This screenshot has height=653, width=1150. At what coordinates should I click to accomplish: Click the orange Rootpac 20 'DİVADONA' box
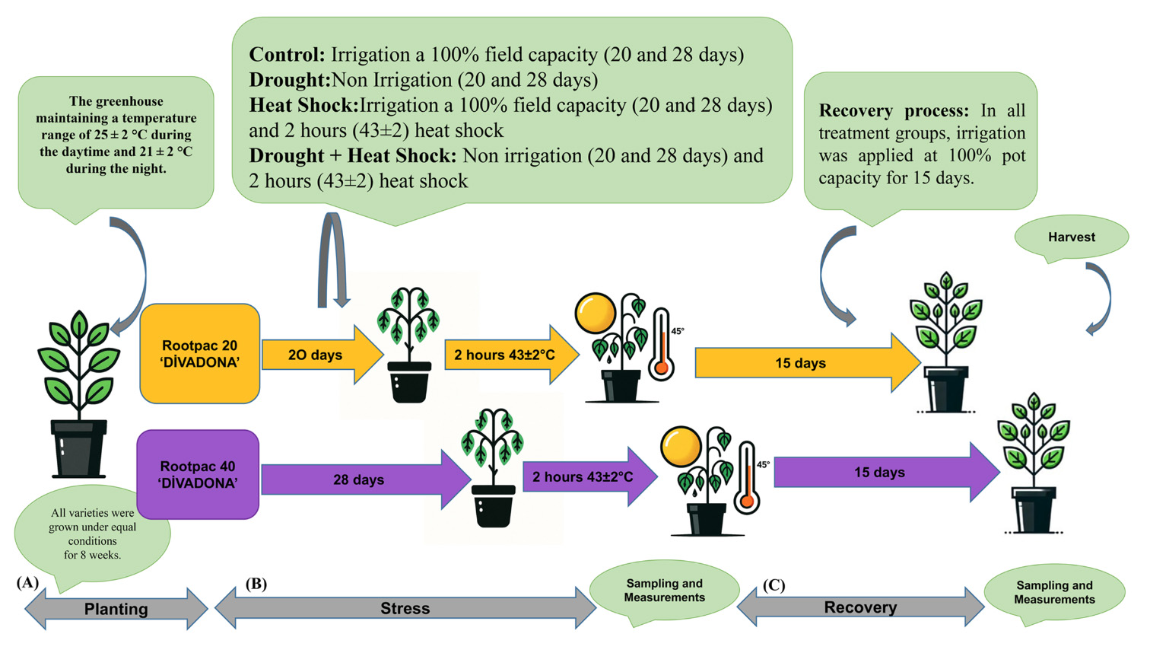(x=200, y=354)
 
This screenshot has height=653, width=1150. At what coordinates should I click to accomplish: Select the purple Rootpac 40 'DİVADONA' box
(x=198, y=475)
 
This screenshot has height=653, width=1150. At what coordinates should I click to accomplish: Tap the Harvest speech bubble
(x=1071, y=237)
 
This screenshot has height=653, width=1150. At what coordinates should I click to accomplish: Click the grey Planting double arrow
(x=116, y=609)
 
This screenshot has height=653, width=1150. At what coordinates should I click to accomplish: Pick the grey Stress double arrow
(x=405, y=608)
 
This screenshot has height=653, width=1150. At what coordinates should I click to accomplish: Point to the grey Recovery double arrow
(x=860, y=607)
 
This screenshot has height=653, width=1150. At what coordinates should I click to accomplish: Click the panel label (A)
(x=27, y=583)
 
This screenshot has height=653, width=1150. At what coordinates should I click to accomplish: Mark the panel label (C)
(x=774, y=585)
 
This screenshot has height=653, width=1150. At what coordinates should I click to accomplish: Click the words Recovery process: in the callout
(x=894, y=111)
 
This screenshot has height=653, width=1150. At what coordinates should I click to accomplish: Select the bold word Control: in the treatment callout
(x=287, y=55)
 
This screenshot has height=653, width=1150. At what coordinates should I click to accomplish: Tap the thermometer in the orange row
(x=662, y=345)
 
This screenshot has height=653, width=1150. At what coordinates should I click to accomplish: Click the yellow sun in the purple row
(x=680, y=447)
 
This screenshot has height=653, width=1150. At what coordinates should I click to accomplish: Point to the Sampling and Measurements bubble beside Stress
(x=664, y=591)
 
